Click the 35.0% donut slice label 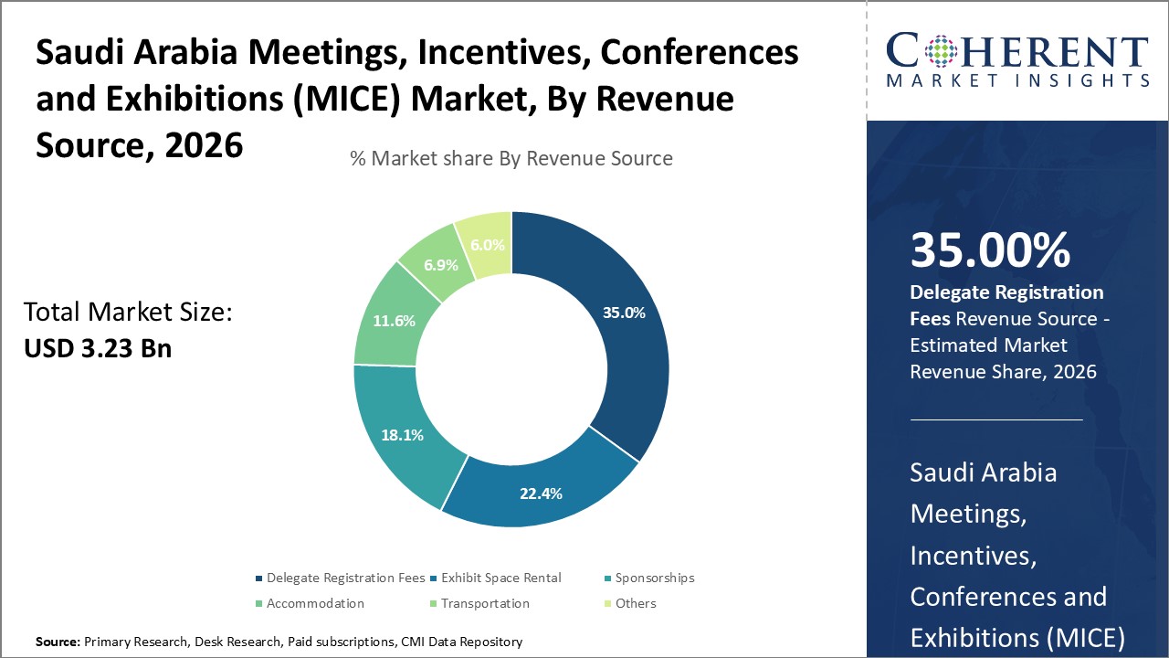pyautogui.click(x=624, y=313)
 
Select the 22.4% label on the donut pyautogui.click(x=540, y=493)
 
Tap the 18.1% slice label pyautogui.click(x=402, y=435)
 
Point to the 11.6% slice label pyautogui.click(x=394, y=321)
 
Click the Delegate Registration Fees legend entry pyautogui.click(x=340, y=578)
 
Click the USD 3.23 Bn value pyautogui.click(x=98, y=348)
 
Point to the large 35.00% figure pyautogui.click(x=990, y=250)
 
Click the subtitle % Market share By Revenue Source pyautogui.click(x=511, y=158)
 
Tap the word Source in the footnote pyautogui.click(x=58, y=642)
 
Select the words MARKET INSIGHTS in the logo pyautogui.click(x=1016, y=80)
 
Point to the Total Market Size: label pyautogui.click(x=129, y=313)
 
